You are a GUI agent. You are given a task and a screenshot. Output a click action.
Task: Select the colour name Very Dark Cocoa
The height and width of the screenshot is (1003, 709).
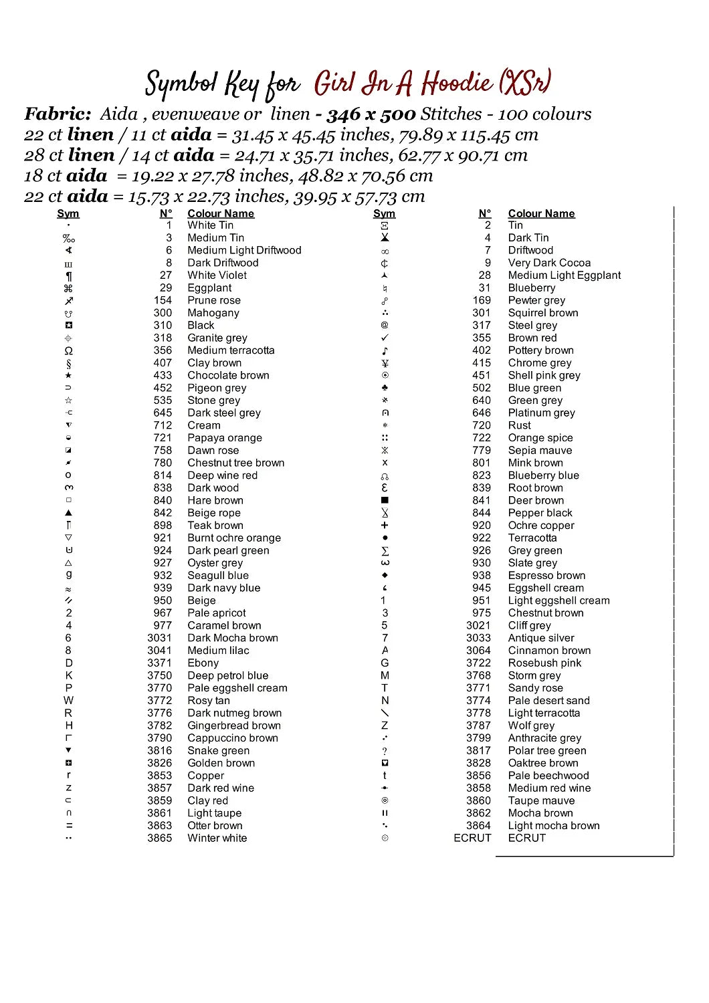(x=549, y=263)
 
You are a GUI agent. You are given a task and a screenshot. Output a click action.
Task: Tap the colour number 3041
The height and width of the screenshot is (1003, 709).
(x=160, y=651)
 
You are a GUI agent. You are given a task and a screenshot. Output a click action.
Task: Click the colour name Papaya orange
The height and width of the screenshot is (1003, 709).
(x=225, y=438)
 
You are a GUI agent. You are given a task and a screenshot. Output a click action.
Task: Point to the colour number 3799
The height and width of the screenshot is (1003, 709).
(x=479, y=738)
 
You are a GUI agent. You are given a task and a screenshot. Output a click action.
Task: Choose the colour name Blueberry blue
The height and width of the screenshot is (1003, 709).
(x=543, y=475)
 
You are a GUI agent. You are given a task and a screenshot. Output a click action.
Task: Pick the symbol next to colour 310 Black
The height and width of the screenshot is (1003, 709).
(x=68, y=326)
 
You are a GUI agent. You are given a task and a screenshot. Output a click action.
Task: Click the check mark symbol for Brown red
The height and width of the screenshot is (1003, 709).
(x=385, y=338)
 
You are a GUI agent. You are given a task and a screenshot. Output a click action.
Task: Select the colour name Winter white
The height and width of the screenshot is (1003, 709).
(x=217, y=839)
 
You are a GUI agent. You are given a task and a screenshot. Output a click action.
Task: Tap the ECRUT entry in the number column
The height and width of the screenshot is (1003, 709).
(x=472, y=839)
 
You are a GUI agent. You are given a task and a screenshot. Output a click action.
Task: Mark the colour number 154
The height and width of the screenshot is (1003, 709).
(x=163, y=301)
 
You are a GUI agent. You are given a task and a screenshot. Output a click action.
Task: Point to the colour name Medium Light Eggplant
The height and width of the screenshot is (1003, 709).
(x=565, y=275)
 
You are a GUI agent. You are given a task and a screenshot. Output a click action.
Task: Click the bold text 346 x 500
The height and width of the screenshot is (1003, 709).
(x=371, y=114)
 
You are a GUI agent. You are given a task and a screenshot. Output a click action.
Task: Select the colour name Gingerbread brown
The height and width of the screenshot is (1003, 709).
(x=234, y=726)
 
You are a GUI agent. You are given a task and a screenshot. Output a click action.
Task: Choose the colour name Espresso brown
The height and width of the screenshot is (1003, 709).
(x=546, y=576)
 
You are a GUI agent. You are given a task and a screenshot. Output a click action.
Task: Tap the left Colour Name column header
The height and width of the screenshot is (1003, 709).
(x=221, y=214)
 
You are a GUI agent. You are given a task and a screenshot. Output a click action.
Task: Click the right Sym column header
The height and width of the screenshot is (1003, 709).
(x=385, y=214)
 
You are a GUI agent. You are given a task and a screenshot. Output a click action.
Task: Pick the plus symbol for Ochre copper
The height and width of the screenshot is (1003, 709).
(x=385, y=526)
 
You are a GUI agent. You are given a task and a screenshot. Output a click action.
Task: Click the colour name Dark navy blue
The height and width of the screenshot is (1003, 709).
(x=224, y=588)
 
